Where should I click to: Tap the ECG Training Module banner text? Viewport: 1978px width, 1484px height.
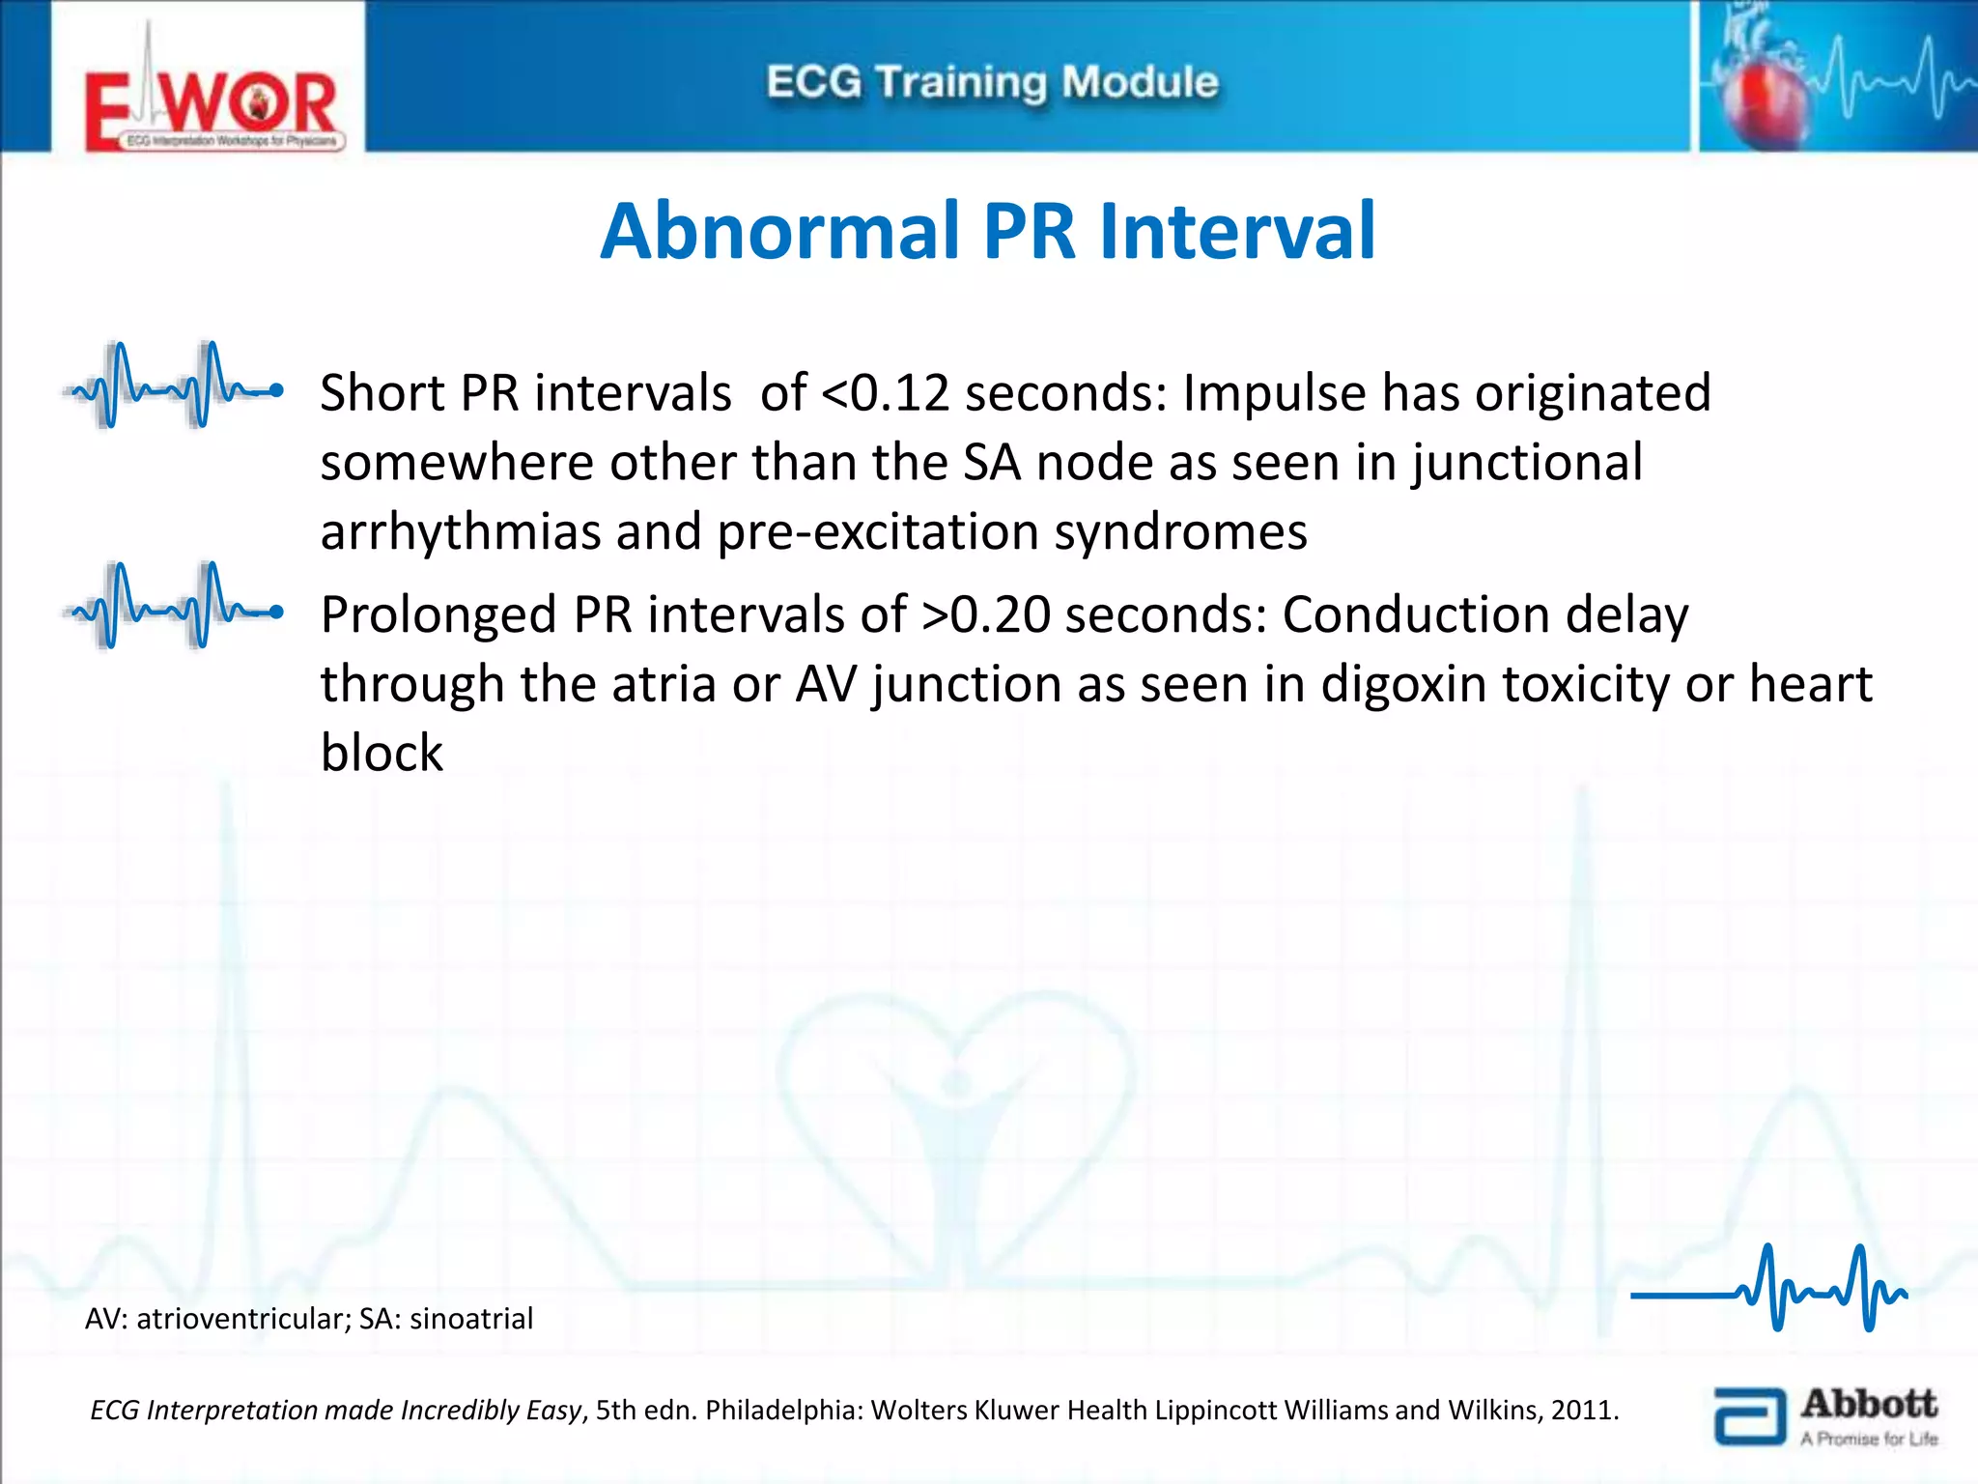click(992, 82)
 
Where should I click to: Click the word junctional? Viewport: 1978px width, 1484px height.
click(1526, 463)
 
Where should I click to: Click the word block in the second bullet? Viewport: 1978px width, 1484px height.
click(381, 753)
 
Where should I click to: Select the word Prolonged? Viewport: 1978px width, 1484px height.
click(438, 614)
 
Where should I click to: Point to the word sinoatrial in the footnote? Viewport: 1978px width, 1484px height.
click(471, 1319)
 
